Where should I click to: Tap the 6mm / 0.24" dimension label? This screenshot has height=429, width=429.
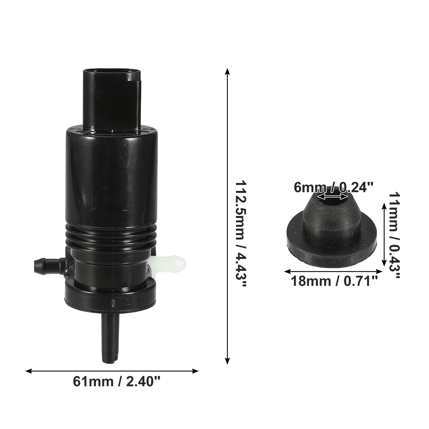[333, 187]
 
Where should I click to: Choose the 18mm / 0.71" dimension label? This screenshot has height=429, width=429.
[334, 281]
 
